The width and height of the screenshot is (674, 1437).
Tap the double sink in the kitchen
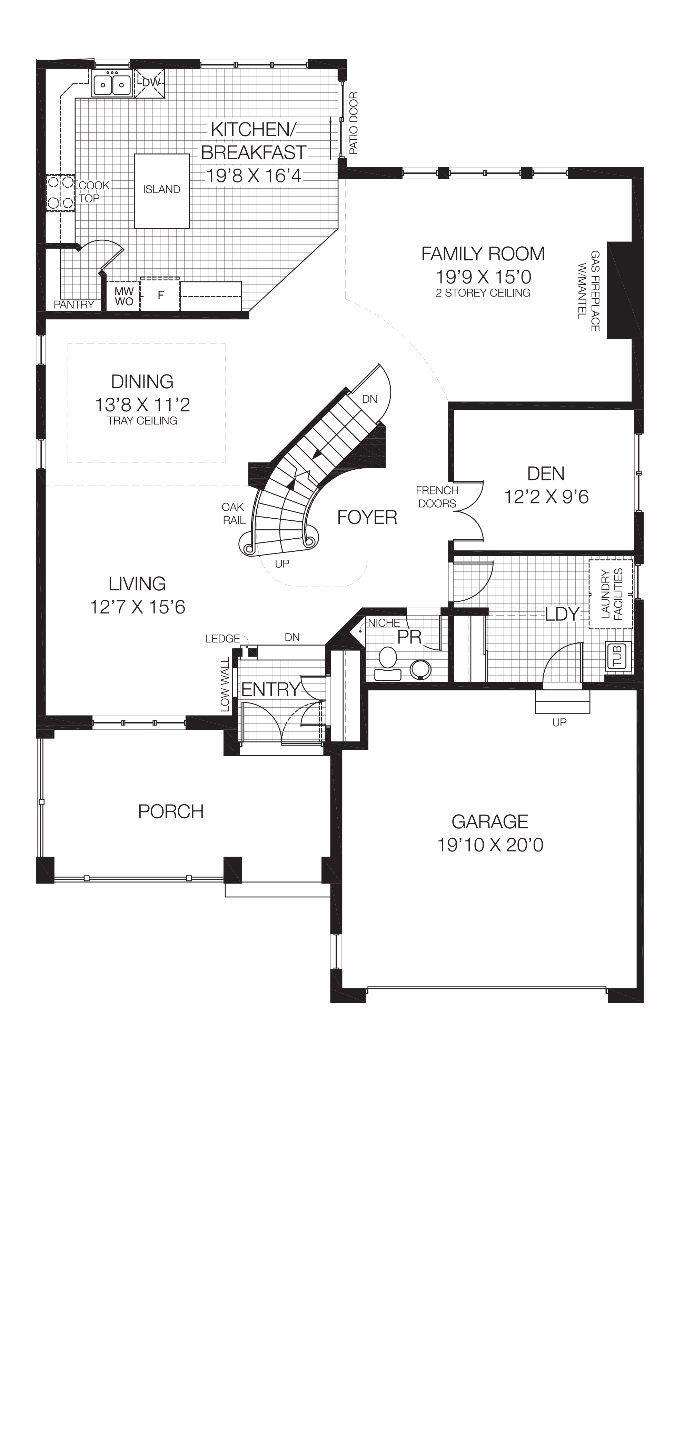tap(112, 85)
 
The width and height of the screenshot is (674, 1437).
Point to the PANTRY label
tap(74, 305)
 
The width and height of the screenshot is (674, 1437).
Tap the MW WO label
tap(124, 296)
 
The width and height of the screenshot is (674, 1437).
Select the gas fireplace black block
tap(619, 290)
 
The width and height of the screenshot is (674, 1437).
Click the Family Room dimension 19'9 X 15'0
tap(483, 277)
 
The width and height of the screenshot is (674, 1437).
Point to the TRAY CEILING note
tap(142, 421)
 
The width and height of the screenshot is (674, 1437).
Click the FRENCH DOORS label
tap(437, 497)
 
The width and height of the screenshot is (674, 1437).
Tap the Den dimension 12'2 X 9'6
tap(546, 497)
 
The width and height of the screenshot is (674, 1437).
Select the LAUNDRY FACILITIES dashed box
tap(611, 594)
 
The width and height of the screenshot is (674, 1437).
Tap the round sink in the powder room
tap(420, 669)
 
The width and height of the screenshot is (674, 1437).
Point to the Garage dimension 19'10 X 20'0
tap(490, 845)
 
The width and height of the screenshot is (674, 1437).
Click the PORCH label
tap(171, 811)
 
